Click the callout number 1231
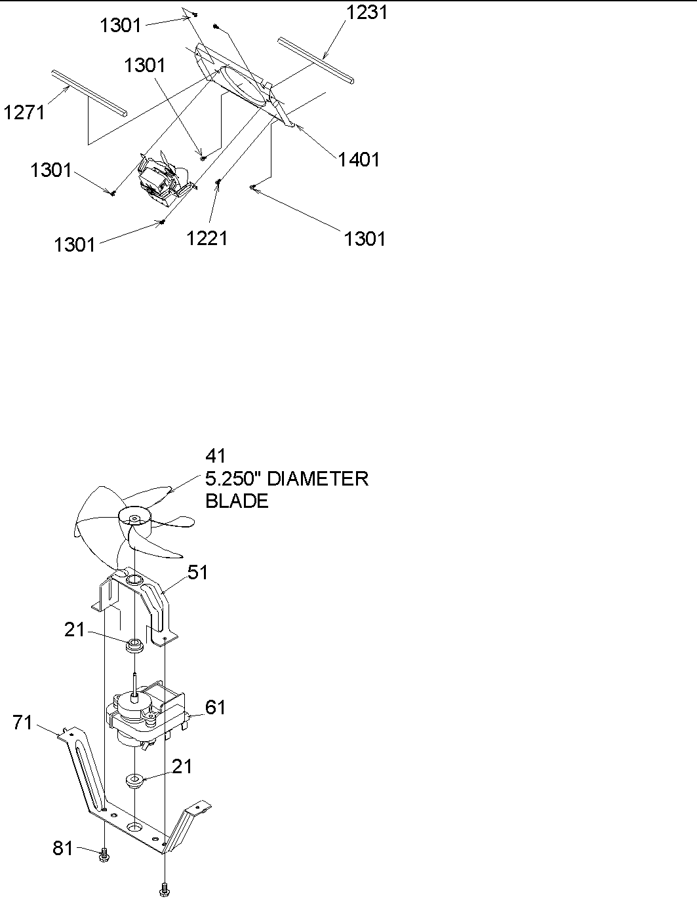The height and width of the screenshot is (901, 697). (x=367, y=12)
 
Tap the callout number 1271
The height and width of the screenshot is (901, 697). (x=24, y=112)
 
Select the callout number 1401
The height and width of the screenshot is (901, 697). (x=359, y=159)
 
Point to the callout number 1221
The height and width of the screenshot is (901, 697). (x=207, y=237)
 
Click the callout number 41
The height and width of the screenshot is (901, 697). (x=216, y=456)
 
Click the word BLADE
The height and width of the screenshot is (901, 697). (x=237, y=501)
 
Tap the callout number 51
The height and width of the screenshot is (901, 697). (x=197, y=572)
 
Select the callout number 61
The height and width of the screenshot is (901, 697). (x=215, y=707)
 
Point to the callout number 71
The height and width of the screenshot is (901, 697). (x=24, y=723)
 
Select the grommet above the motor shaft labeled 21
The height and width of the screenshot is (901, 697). (x=134, y=645)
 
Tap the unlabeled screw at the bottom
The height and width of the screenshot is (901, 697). (x=164, y=889)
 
